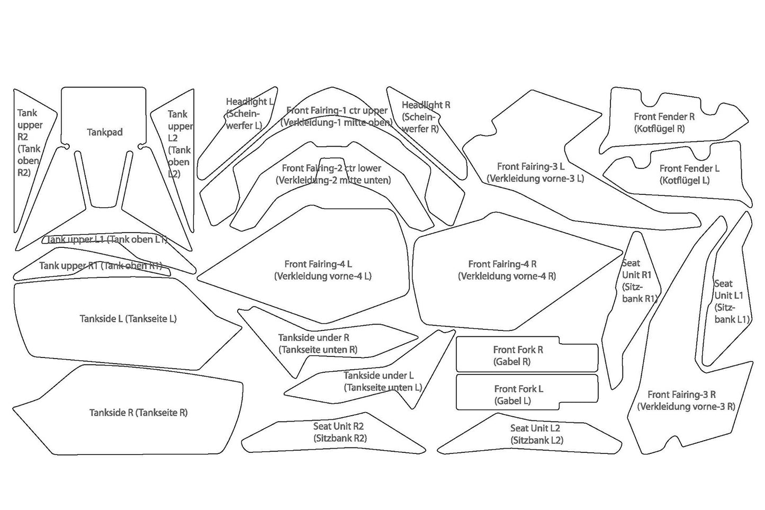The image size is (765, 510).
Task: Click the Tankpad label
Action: click(104, 132)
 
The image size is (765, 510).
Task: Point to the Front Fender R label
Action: click(664, 122)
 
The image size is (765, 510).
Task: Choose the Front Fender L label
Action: click(689, 174)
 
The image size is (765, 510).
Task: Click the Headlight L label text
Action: click(248, 113)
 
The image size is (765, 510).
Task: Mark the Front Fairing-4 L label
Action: click(322, 270)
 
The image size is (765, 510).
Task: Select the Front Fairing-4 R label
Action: click(507, 270)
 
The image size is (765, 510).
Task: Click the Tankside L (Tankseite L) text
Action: click(128, 319)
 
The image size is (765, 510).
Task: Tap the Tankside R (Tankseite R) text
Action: click(138, 413)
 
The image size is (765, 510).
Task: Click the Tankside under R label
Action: click(317, 343)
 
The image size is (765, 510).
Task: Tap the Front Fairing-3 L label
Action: click(535, 173)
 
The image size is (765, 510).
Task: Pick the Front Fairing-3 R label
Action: click(686, 400)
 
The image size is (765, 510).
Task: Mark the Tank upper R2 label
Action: click(29, 142)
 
